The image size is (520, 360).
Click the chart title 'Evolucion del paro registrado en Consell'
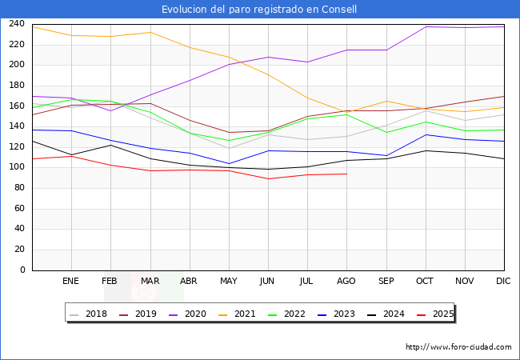tap(259, 10)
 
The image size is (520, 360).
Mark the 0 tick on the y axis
tap(23, 270)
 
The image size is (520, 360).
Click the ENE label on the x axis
tap(70, 282)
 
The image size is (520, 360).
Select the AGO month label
tap(346, 282)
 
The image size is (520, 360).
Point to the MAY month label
tap(228, 282)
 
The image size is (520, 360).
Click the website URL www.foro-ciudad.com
tap(458, 347)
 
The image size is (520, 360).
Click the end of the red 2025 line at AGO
tap(346, 174)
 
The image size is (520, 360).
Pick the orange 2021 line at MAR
tap(150, 32)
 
